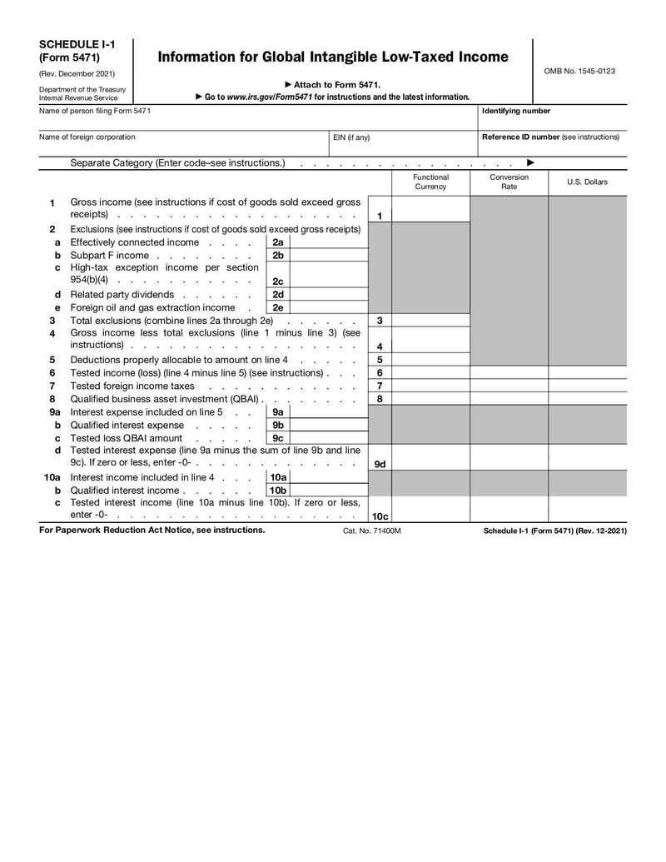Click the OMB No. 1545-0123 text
click(x=579, y=72)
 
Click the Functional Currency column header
click(x=430, y=182)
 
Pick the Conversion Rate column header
click(x=509, y=182)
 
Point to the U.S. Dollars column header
click(x=587, y=182)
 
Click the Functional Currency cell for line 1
click(x=430, y=210)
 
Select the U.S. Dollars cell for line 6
click(x=587, y=373)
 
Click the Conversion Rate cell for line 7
click(x=509, y=386)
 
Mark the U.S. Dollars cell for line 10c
click(x=587, y=509)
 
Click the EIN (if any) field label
click(x=351, y=137)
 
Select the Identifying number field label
click(x=516, y=111)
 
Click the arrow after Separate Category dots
click(x=530, y=163)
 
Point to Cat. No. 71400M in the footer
click(x=371, y=531)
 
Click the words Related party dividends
click(x=122, y=295)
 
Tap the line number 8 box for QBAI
click(x=380, y=400)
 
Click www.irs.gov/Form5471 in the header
click(x=270, y=97)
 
